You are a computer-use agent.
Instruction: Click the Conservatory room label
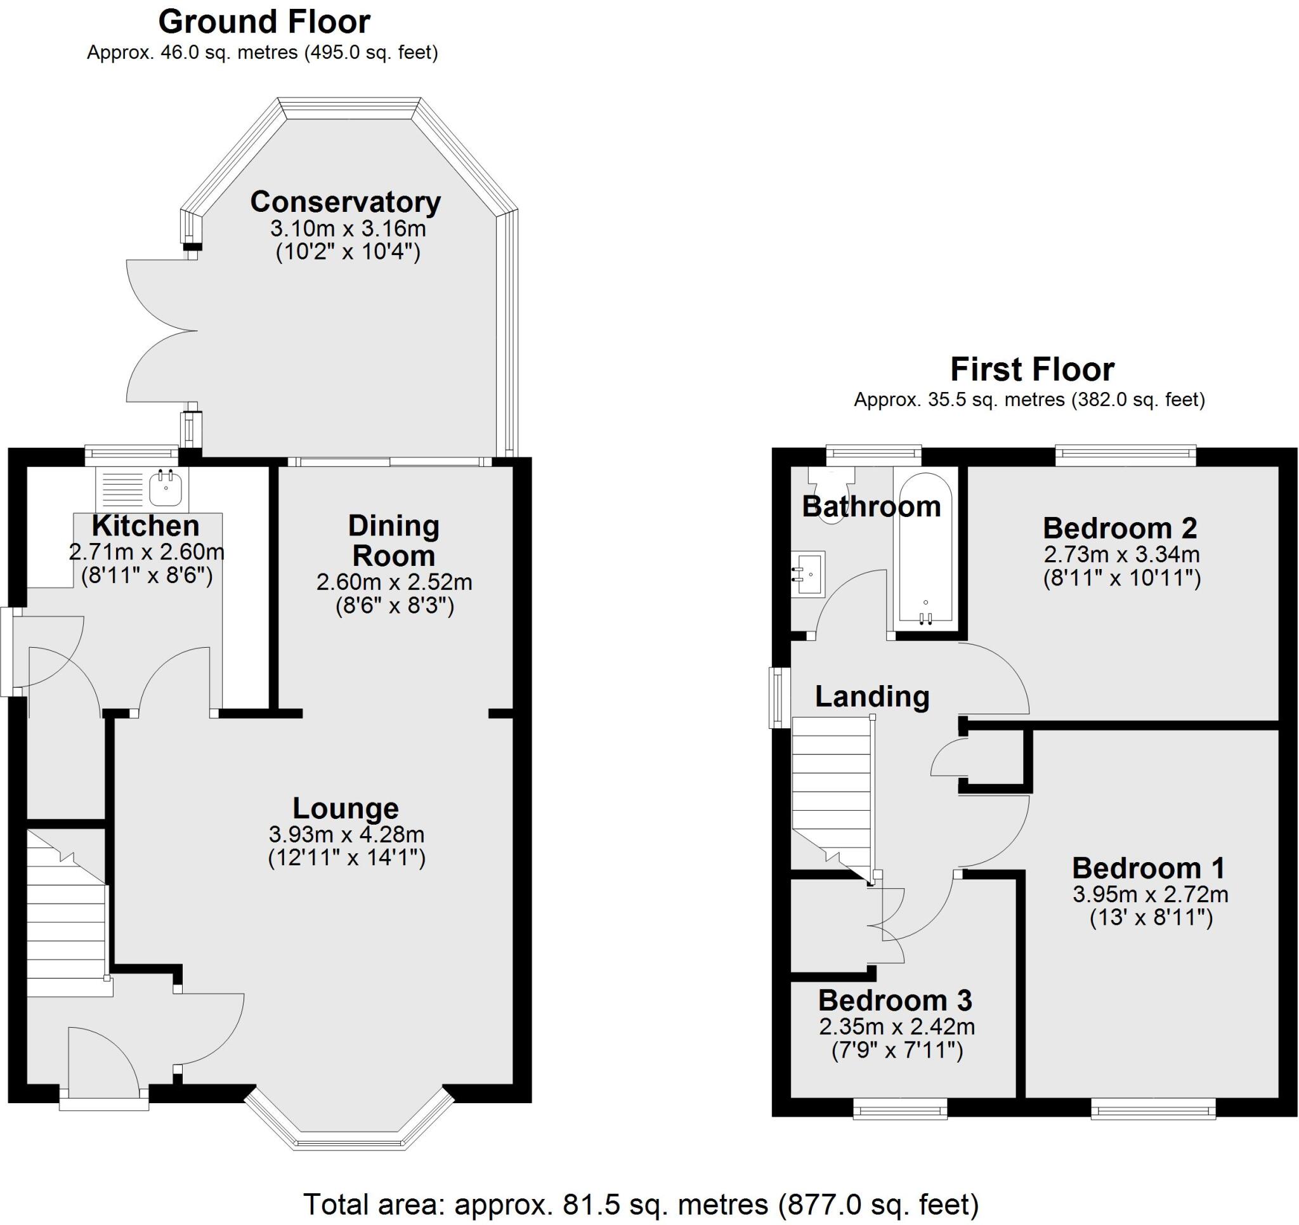click(x=345, y=202)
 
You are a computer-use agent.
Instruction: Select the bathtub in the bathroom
click(x=925, y=547)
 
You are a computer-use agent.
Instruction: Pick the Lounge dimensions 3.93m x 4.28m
click(x=346, y=835)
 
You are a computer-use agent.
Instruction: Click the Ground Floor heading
click(x=264, y=22)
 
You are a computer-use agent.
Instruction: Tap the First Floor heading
click(x=1032, y=370)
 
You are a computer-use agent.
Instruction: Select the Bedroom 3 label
click(x=894, y=1001)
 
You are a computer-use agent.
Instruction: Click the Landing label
click(x=871, y=697)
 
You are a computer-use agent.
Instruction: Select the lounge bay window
click(x=349, y=1138)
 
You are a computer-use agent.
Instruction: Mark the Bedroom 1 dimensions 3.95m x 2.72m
click(x=1150, y=894)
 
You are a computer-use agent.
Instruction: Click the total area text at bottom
click(x=641, y=1204)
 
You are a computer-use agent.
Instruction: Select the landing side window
click(x=778, y=697)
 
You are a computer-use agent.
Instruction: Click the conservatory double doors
click(x=160, y=331)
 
